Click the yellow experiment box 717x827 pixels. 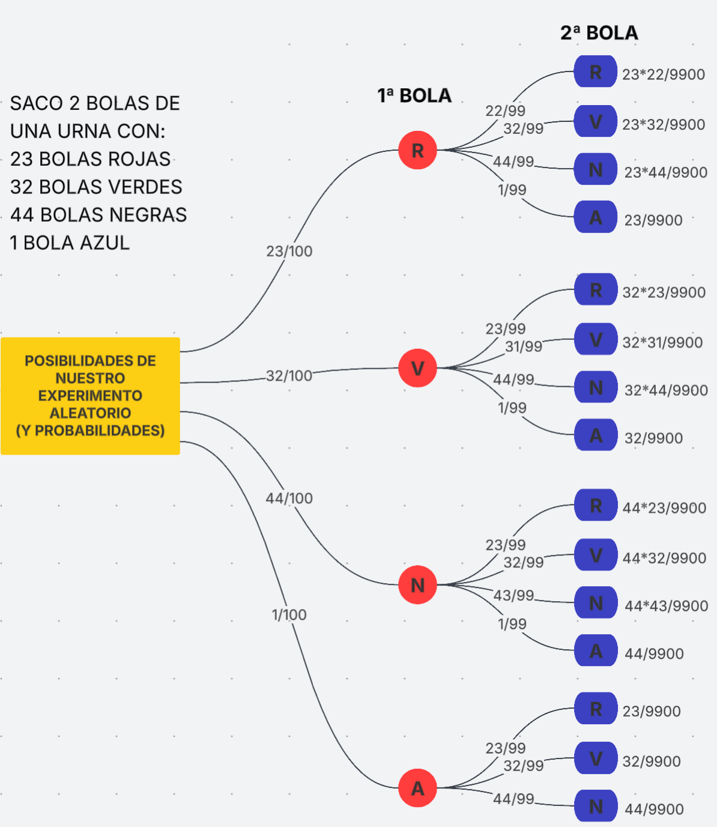pyautogui.click(x=90, y=396)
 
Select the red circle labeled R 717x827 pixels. pyautogui.click(x=417, y=150)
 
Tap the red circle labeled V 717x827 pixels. pyautogui.click(x=417, y=368)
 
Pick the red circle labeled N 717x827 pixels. pyautogui.click(x=417, y=585)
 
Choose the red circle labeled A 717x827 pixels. pyautogui.click(x=417, y=788)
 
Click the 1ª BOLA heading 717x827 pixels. pyautogui.click(x=414, y=95)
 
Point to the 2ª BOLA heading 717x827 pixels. pyautogui.click(x=599, y=32)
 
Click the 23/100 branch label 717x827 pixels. pyautogui.click(x=289, y=251)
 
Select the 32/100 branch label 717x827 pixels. pyautogui.click(x=289, y=376)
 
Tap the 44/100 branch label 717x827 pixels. pyautogui.click(x=289, y=498)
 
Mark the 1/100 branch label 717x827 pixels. pyautogui.click(x=289, y=615)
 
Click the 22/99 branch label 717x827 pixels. pyautogui.click(x=506, y=111)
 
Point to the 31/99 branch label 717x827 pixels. pyautogui.click(x=524, y=347)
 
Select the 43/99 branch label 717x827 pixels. pyautogui.click(x=513, y=595)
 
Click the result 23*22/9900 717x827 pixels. pyautogui.click(x=664, y=74)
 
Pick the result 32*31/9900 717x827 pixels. pyautogui.click(x=662, y=342)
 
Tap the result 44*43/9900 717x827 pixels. pyautogui.click(x=666, y=606)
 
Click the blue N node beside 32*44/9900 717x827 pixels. pyautogui.click(x=596, y=387)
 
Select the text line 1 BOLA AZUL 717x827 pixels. pyautogui.click(x=70, y=243)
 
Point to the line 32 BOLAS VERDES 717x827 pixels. pyautogui.click(x=96, y=187)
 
